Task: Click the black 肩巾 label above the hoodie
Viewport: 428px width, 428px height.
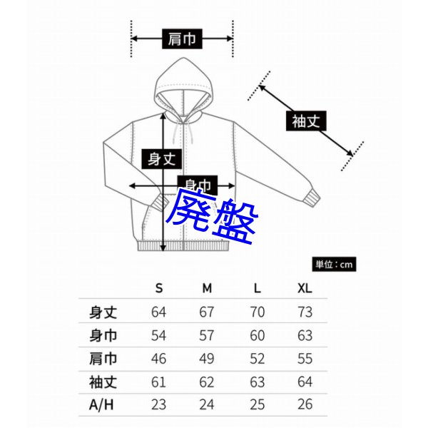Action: pos(182,39)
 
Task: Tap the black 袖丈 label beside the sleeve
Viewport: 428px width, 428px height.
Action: pos(306,121)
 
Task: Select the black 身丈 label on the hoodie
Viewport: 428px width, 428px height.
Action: pos(162,159)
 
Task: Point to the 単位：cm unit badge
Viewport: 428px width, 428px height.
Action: pos(334,264)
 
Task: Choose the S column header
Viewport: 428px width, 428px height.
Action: pos(159,288)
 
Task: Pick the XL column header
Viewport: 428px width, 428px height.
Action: pos(305,288)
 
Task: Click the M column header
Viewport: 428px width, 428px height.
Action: pos(207,288)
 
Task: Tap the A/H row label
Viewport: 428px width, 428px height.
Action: pos(101,404)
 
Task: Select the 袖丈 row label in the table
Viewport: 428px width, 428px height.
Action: pos(103,382)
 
